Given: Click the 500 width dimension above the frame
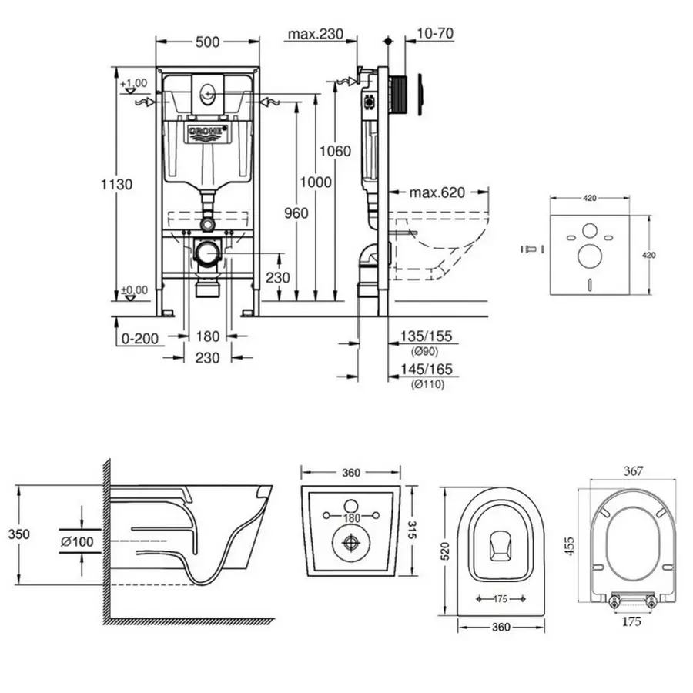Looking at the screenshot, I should (206, 43).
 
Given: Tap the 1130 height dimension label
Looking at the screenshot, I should (116, 184).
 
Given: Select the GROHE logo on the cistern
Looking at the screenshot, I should (206, 132).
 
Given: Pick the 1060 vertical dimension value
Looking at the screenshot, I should (336, 151).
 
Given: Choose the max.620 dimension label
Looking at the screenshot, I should (437, 192).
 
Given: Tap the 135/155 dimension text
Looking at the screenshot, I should (425, 336).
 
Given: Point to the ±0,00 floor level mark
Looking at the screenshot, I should (134, 290).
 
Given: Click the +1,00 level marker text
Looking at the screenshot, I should (134, 82).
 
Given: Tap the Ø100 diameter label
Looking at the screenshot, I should (77, 542).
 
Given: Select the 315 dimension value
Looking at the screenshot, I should (412, 530).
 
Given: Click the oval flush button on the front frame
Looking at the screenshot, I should (207, 94).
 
